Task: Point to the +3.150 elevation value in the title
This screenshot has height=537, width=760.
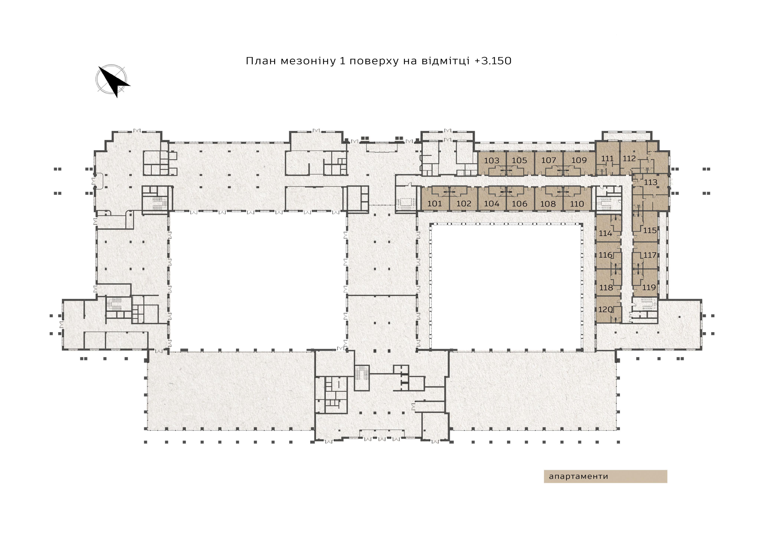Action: (x=493, y=61)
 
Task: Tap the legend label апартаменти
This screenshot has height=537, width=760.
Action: (x=579, y=477)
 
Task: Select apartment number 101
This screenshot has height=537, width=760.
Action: (x=435, y=204)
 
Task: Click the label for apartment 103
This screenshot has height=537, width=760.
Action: (x=492, y=161)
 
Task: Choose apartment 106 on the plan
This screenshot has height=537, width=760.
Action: (x=519, y=204)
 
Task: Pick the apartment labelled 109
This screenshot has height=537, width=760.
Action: (x=579, y=160)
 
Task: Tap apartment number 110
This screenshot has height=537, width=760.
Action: (x=577, y=204)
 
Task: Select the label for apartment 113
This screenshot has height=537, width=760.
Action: (x=651, y=182)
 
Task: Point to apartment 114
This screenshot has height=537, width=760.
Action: (x=605, y=233)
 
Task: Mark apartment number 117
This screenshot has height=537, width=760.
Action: (x=650, y=255)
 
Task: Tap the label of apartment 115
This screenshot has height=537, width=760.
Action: (x=650, y=230)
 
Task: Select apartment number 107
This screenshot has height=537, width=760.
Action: (x=548, y=160)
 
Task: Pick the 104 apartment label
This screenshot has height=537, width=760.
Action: (x=492, y=204)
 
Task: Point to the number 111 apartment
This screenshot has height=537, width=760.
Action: (x=607, y=159)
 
